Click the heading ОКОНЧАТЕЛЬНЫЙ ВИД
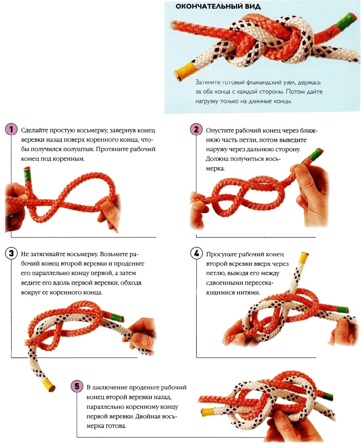point(218,6)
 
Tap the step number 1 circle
point(11,129)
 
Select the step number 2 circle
point(196,129)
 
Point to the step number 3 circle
point(11,253)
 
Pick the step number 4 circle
point(196,253)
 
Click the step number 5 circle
point(77,386)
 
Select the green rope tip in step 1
point(27,175)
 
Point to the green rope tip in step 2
point(315,155)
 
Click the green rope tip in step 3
point(117,318)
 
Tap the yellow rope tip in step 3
point(48,385)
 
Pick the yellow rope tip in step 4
point(303,258)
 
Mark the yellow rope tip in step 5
point(208,411)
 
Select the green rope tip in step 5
point(327,396)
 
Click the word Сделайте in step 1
point(35,130)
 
